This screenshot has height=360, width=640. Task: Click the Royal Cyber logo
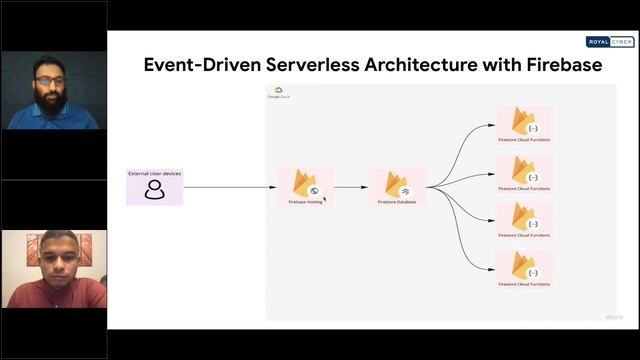pyautogui.click(x=610, y=42)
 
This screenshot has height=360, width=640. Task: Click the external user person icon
pyautogui.click(x=154, y=190)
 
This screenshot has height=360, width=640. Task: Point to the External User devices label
pyautogui.click(x=154, y=174)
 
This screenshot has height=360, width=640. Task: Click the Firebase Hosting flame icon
pyautogui.click(x=305, y=182)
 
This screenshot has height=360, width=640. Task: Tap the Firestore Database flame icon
pyautogui.click(x=396, y=182)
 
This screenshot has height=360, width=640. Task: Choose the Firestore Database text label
pyautogui.click(x=397, y=201)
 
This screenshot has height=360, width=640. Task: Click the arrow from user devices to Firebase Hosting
pyautogui.click(x=230, y=186)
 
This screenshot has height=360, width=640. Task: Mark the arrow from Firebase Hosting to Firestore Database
pyautogui.click(x=350, y=186)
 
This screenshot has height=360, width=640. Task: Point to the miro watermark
pyautogui.click(x=614, y=317)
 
